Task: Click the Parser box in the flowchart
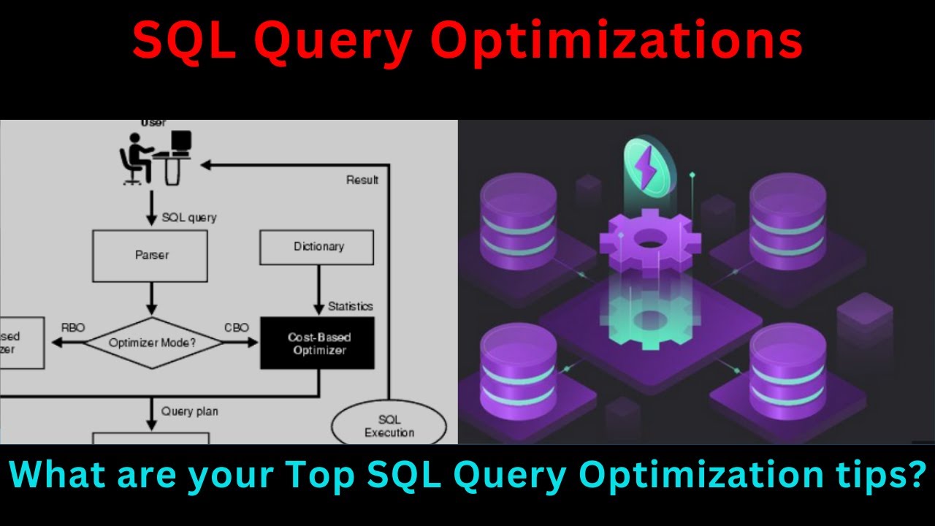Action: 151,255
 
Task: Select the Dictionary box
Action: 317,247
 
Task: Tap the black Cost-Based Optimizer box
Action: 318,343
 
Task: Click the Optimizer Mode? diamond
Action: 152,343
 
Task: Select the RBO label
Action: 73,328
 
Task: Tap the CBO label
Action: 236,328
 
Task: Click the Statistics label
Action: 350,306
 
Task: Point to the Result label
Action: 362,180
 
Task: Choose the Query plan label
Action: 189,411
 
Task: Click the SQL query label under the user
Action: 188,218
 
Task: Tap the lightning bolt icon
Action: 646,167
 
